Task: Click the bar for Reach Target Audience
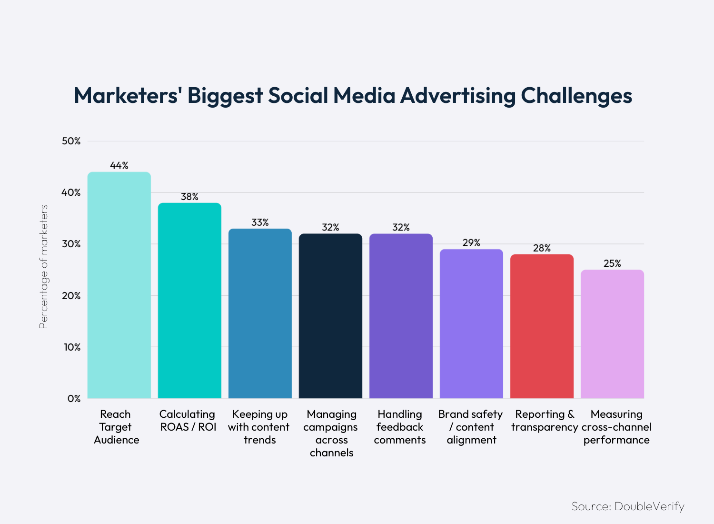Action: [119, 286]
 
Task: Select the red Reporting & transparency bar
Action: [542, 326]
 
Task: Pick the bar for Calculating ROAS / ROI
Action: [189, 300]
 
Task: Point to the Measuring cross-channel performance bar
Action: [612, 333]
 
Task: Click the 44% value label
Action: [119, 165]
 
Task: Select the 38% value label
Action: [189, 196]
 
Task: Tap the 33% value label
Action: [260, 222]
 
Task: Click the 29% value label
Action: [471, 242]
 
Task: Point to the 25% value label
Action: [612, 263]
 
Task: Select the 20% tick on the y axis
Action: [71, 295]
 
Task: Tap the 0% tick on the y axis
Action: [74, 398]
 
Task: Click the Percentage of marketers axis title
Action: [44, 267]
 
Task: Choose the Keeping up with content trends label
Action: [259, 427]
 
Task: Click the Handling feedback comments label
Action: [400, 427]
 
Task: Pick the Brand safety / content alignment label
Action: [471, 427]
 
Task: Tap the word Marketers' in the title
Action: [126, 95]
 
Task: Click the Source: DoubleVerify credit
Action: [627, 506]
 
